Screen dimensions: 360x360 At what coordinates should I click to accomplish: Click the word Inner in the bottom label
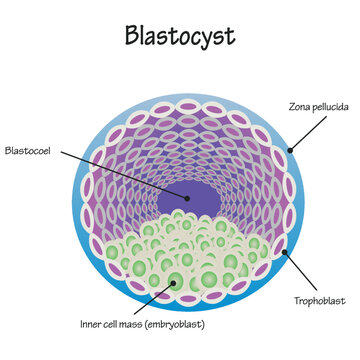tap(90, 323)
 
